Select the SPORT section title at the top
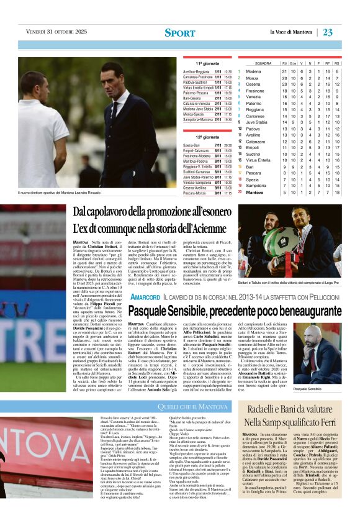click(x=180, y=33)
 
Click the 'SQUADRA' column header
click(x=263, y=63)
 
